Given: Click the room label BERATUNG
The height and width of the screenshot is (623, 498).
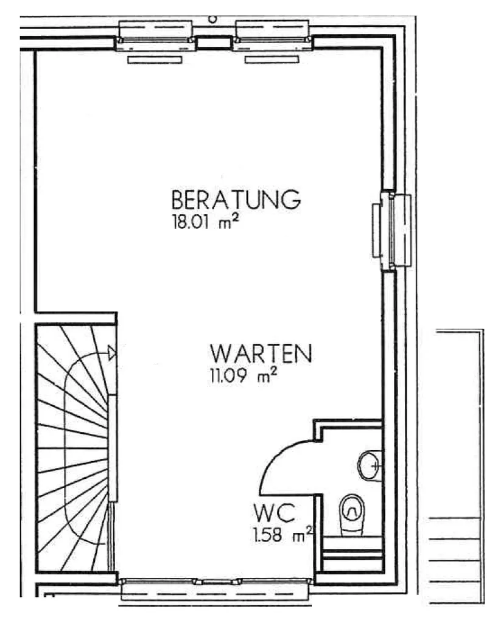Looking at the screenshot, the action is (236, 200).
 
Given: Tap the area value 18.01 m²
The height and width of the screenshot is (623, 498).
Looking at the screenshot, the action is (206, 221).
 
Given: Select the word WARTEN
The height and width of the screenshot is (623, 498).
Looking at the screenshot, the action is (261, 353).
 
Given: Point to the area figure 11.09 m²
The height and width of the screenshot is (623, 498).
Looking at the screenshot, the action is (244, 375).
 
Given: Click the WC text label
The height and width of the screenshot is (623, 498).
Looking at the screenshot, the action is (274, 513).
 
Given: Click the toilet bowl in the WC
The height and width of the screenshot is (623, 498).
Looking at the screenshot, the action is (352, 514).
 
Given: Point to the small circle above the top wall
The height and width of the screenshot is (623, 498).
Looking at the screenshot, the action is (212, 19).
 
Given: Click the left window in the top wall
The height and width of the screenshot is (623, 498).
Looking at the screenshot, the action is (155, 36).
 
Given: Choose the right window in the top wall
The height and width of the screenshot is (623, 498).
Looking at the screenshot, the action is (272, 36).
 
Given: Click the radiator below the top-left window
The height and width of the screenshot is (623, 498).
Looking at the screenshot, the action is (155, 60).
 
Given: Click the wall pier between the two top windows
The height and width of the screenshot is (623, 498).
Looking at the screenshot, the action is (214, 43).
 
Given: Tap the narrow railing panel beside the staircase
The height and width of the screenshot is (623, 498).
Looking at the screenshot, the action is (113, 448).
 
